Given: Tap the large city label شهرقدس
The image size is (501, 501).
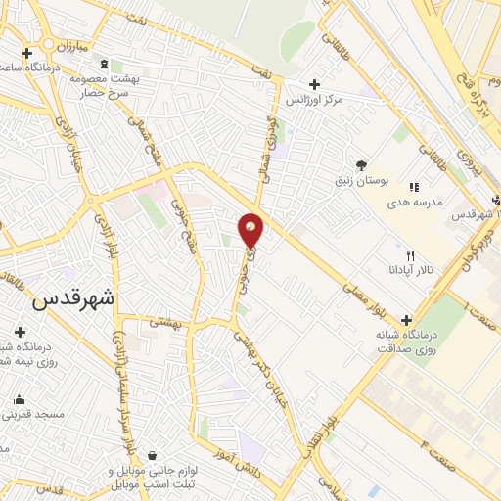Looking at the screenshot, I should tap(73, 298).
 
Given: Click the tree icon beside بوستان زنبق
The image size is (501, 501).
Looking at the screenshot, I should tap(361, 164).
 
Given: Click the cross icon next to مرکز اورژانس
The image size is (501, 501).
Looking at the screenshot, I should tap(313, 84).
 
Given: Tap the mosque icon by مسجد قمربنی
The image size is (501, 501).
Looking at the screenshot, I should tap(19, 398).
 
